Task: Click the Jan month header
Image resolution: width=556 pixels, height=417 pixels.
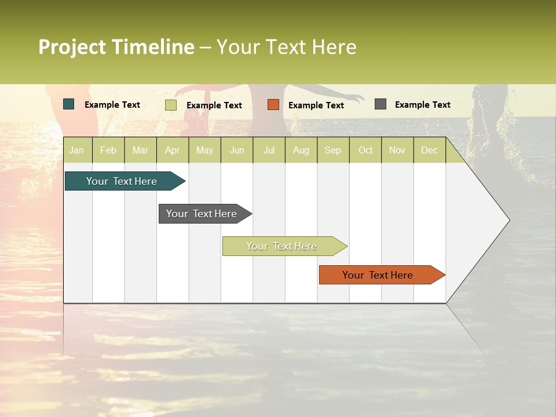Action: (x=77, y=150)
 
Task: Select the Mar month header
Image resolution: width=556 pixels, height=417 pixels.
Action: (x=140, y=150)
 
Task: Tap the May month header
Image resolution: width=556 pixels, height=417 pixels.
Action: (x=204, y=150)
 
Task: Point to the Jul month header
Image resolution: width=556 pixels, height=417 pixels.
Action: (x=269, y=150)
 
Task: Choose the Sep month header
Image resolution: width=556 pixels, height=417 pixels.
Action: (x=332, y=150)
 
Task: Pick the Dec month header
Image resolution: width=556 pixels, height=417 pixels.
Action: (x=429, y=150)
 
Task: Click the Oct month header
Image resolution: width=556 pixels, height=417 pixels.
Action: (x=365, y=150)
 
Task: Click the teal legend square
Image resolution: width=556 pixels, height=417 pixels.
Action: (x=69, y=104)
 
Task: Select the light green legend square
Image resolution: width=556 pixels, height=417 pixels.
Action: (x=171, y=105)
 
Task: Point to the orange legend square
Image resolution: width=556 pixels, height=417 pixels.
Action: (x=273, y=105)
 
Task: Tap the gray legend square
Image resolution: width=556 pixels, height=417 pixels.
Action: (x=381, y=104)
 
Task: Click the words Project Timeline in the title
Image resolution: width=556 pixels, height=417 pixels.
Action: (x=116, y=47)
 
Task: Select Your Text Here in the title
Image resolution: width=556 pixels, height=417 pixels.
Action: (x=286, y=47)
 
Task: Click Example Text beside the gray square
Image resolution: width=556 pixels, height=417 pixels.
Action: (x=422, y=105)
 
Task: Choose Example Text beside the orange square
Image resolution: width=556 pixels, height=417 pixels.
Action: (x=316, y=105)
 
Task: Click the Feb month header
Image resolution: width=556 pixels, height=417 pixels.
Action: (x=108, y=150)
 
